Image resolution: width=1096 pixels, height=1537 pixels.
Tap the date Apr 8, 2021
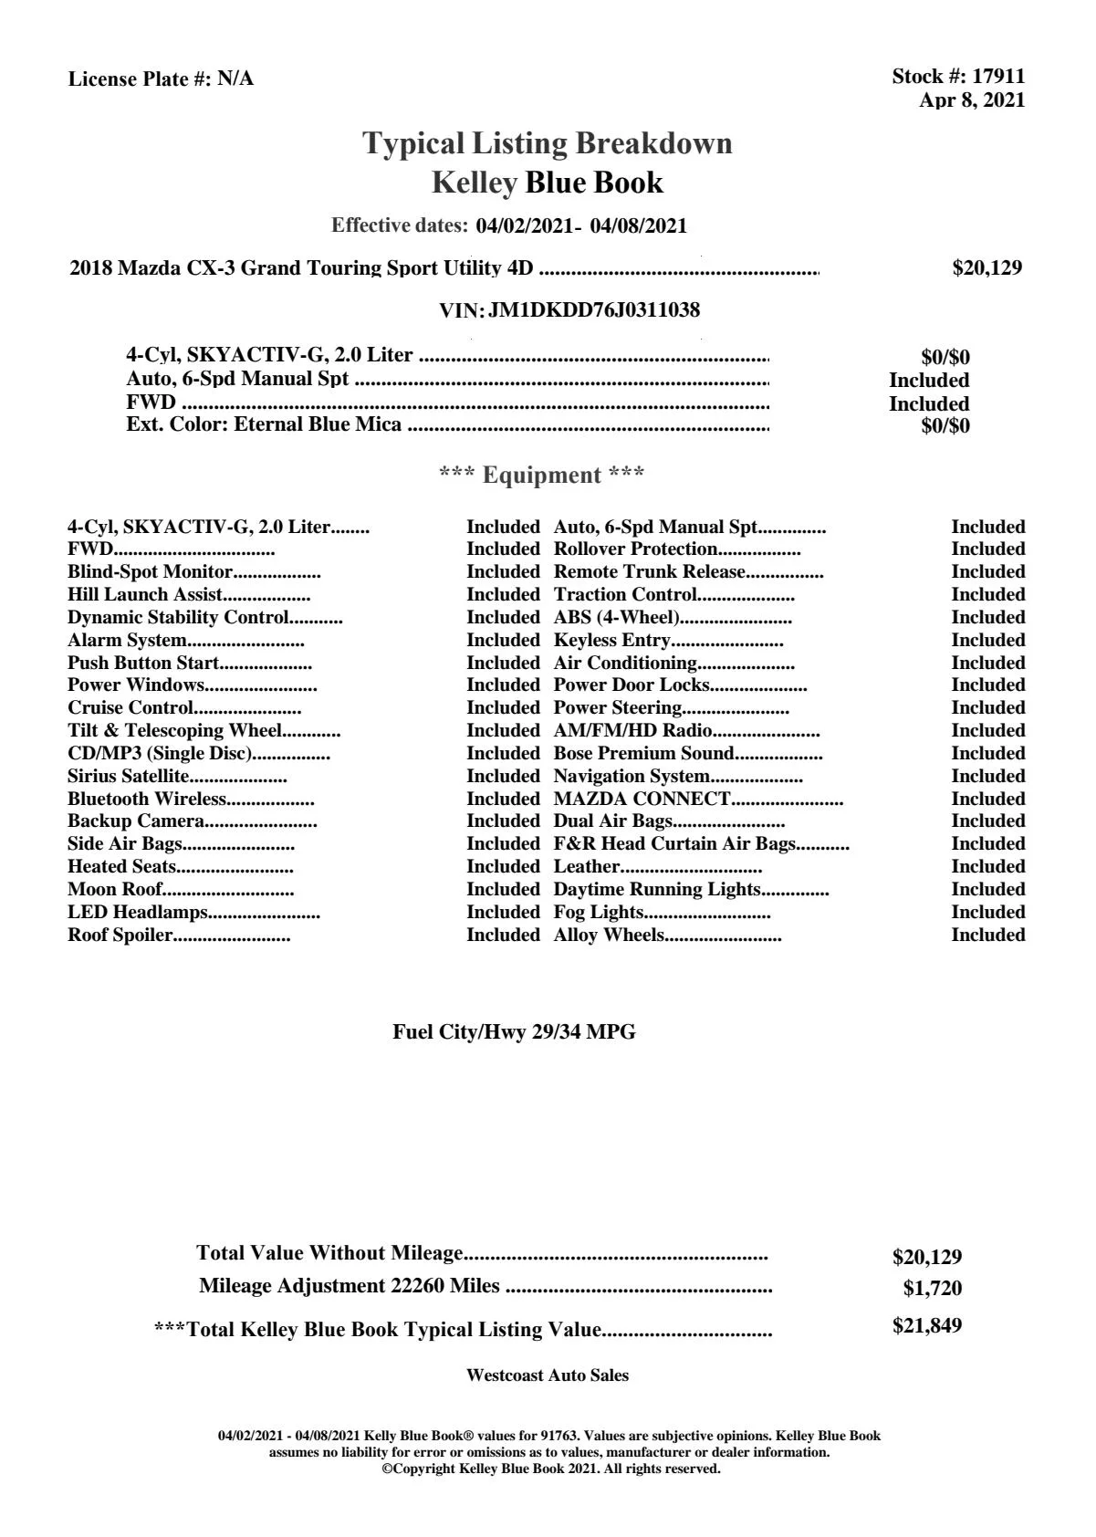coord(972,100)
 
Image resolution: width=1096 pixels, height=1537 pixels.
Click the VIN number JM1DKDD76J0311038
coord(594,310)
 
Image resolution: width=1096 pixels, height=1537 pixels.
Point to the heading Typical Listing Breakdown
coord(548,143)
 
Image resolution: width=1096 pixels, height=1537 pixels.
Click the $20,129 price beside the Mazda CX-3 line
coord(986,268)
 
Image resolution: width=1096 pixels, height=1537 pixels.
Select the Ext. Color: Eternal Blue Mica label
coord(264,424)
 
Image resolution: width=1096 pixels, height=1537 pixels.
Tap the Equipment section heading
coord(542,476)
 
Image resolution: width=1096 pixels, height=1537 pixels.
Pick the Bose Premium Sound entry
coord(644,754)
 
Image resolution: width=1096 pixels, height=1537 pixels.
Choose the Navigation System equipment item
coord(632,777)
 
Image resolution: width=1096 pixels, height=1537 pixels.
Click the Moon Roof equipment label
coord(115,890)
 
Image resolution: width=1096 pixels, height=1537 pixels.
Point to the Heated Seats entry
coord(122,867)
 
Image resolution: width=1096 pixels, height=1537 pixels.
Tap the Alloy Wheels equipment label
coord(609,936)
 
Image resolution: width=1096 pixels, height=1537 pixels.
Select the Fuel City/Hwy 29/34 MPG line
coord(514,1032)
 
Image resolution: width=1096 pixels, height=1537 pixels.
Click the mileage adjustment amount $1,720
coord(932,1289)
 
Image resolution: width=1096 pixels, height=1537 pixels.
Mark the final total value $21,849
coord(926,1326)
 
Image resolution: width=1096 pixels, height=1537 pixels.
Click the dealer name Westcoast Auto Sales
coord(547,1375)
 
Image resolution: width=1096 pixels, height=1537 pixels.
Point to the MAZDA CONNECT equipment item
coord(642,800)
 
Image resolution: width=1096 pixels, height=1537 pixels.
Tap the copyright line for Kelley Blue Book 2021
coord(551,1469)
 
